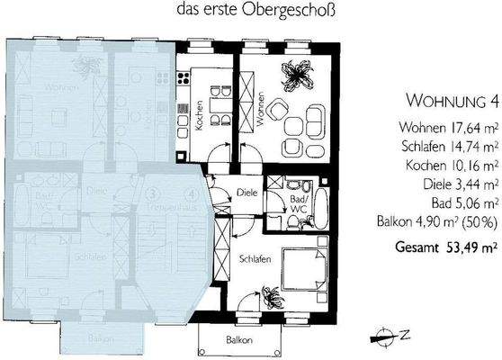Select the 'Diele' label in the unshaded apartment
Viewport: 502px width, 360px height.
247,191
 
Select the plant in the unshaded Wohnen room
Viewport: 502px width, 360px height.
296,73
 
